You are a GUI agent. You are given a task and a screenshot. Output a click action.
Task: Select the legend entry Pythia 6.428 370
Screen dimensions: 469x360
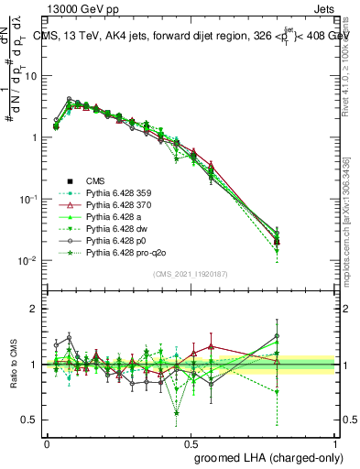click(x=116, y=210)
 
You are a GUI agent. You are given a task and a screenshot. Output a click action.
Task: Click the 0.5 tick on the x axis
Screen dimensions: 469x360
click(x=191, y=442)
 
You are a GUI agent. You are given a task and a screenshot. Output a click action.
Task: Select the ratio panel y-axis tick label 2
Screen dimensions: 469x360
click(x=34, y=309)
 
